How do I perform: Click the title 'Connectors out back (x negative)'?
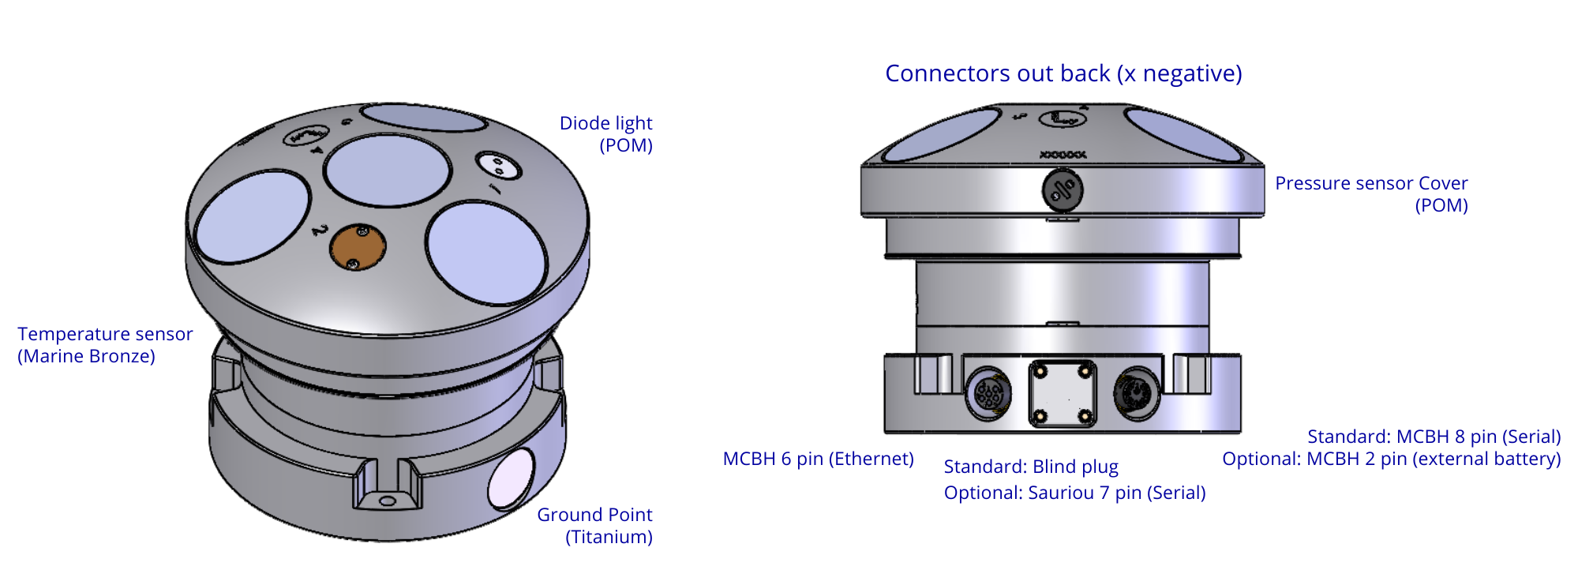[x=1063, y=73]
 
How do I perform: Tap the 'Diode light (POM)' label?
[x=606, y=134]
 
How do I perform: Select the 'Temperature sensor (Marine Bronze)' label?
[x=105, y=345]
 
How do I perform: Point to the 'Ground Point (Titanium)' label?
[x=595, y=526]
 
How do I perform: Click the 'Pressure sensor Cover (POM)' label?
[x=1372, y=194]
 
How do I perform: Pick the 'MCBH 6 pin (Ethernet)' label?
[x=819, y=459]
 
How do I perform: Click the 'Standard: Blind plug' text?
[x=1031, y=467]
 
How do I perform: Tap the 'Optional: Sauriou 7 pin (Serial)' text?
[x=1074, y=493]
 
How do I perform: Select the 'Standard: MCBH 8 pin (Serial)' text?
[x=1434, y=437]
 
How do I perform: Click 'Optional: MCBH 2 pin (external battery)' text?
[x=1391, y=459]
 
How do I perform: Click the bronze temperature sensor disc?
[x=358, y=247]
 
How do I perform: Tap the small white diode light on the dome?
[x=498, y=167]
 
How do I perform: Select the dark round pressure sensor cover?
[x=1062, y=189]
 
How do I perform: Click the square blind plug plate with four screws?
[x=1063, y=393]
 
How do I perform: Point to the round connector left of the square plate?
[x=989, y=392]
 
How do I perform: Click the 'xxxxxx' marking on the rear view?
[x=1063, y=156]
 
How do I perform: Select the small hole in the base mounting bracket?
[x=386, y=501]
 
